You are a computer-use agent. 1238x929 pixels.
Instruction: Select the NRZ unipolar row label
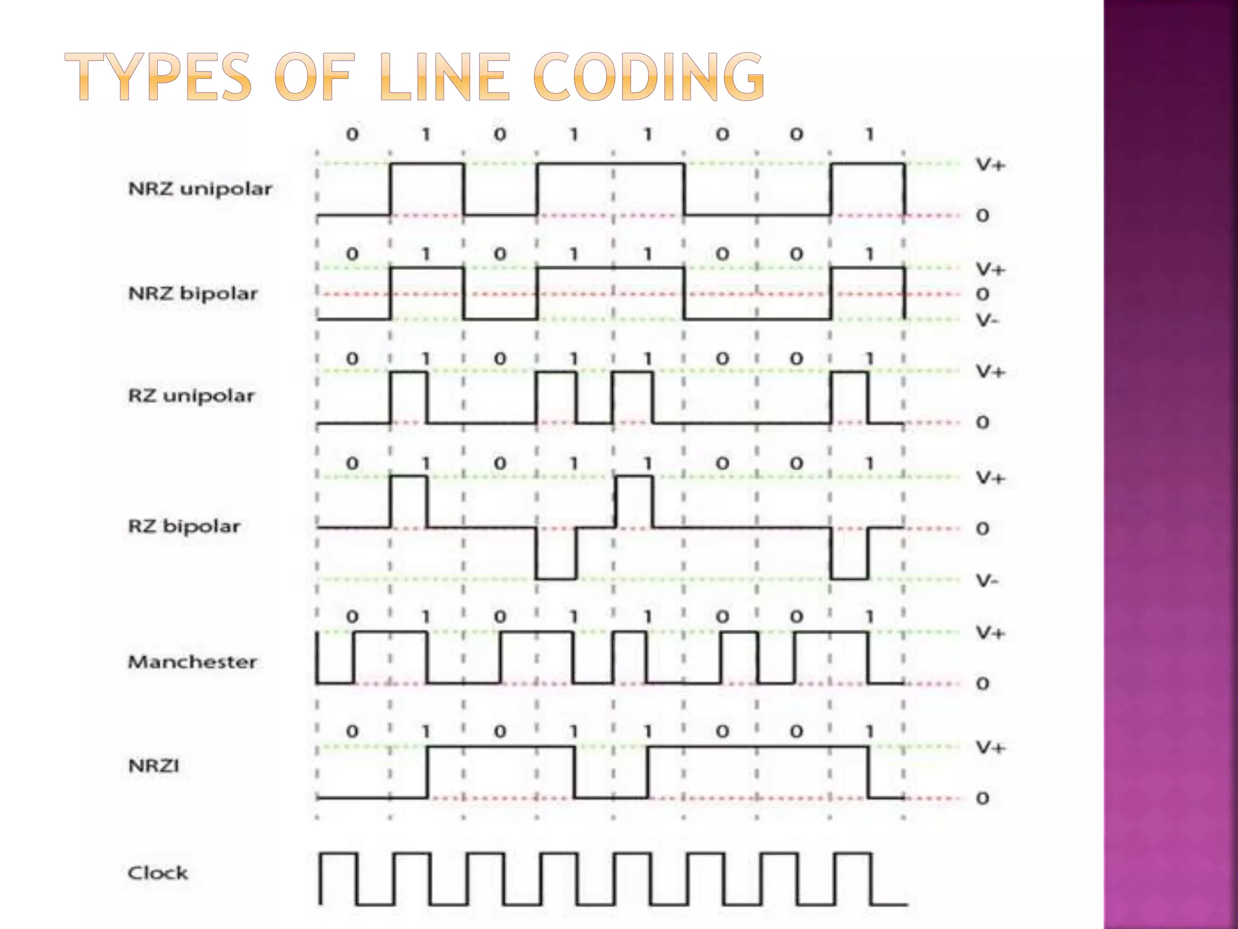[200, 189]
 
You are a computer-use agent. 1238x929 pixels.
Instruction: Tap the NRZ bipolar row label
[193, 293]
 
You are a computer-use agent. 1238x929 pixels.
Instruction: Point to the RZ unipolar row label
[191, 396]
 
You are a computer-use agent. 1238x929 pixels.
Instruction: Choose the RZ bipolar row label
[184, 526]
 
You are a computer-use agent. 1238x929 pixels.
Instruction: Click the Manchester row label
[192, 662]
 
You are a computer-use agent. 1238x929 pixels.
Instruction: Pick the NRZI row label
[154, 766]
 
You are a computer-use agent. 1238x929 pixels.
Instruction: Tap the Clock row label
[158, 873]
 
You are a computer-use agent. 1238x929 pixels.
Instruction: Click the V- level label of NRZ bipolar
[988, 320]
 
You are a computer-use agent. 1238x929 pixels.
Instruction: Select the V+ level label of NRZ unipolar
[990, 165]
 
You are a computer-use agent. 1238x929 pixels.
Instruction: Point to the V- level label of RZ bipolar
[988, 581]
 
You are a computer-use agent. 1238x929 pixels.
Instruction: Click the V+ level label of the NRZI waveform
[990, 748]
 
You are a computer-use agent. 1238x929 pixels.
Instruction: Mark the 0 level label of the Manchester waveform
[983, 683]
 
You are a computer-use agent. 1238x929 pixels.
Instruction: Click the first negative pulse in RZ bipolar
[556, 553]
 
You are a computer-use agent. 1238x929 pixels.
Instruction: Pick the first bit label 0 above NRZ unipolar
[352, 134]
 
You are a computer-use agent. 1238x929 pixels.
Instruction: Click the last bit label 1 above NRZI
[869, 731]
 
